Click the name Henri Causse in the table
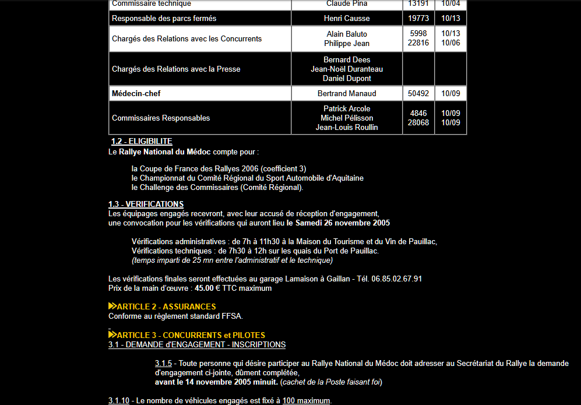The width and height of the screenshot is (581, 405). point(347,19)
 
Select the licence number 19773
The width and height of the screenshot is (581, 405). point(418,19)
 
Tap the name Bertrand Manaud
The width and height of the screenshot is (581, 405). point(347,94)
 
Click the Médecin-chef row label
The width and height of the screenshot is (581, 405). point(136,94)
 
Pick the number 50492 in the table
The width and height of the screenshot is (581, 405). point(418,94)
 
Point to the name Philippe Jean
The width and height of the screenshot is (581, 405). point(347,43)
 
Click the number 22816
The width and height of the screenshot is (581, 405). point(418,43)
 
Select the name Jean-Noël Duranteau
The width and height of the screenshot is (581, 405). point(347,69)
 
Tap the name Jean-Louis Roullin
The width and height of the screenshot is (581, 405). point(347,128)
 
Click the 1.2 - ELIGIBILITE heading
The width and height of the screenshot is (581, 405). point(142,142)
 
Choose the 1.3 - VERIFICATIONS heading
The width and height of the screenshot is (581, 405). point(146,205)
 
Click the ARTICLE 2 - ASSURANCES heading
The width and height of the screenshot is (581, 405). point(167,307)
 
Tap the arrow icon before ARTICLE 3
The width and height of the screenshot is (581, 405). point(112,335)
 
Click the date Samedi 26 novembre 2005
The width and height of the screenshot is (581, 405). point(343,223)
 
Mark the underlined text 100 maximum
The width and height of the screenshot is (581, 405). point(307,401)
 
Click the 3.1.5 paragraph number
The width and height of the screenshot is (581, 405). point(163,364)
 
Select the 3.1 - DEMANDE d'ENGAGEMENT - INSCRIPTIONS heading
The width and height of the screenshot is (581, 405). point(197,345)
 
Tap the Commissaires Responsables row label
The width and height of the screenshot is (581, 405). point(161,118)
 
